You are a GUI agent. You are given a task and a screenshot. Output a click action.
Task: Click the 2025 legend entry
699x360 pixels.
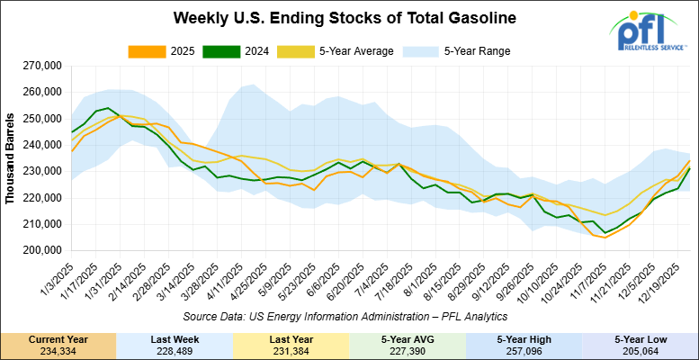pos(176,51)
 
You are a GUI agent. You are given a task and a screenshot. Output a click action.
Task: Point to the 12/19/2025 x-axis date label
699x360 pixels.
pos(667,283)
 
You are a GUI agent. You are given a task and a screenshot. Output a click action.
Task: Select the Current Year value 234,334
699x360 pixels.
pos(58,351)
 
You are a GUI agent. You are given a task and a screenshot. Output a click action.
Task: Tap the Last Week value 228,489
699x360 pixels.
pos(175,351)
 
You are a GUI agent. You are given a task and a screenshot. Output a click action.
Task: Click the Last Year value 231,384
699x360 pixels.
pos(291,351)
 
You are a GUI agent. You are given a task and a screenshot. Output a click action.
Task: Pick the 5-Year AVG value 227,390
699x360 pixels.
pos(408,351)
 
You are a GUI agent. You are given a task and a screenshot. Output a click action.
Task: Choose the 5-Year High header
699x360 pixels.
pos(524,338)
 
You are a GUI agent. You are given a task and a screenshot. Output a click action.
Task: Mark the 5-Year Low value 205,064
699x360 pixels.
pos(640,351)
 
